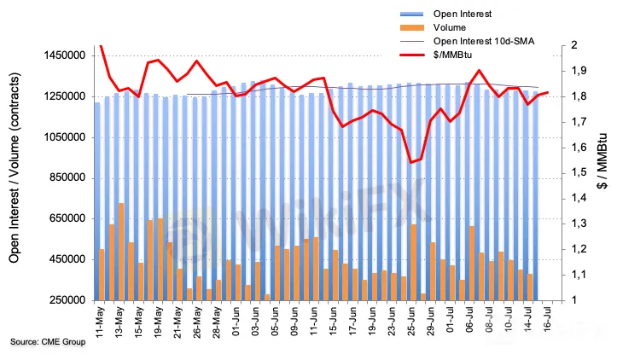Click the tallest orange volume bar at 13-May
(121, 252)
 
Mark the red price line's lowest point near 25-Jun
(412, 162)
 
